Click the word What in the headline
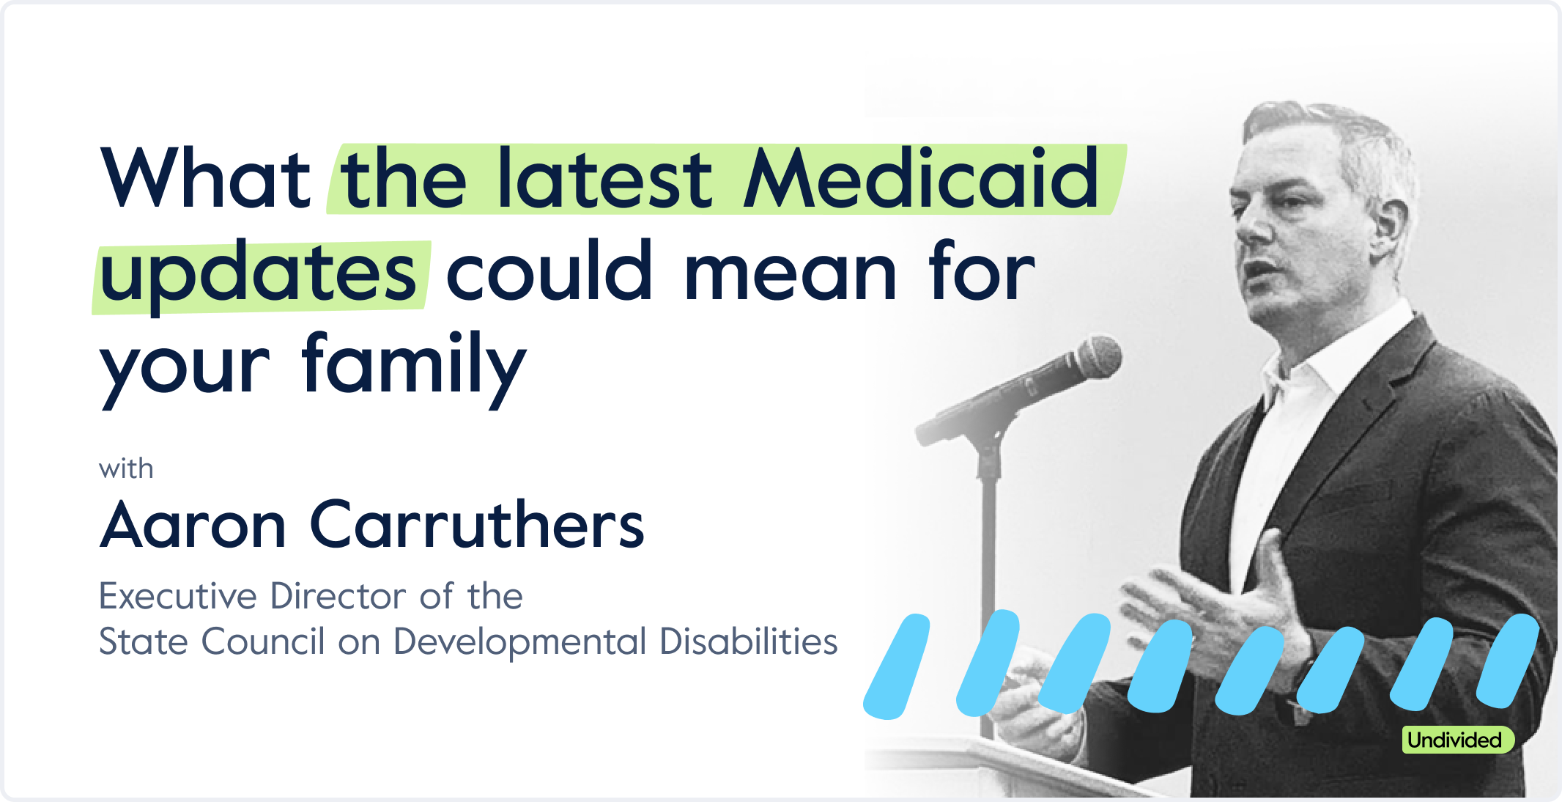coord(206,178)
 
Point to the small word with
coord(126,468)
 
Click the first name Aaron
coord(193,524)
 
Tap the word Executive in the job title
coord(178,596)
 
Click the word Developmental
coord(520,643)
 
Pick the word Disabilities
coord(748,641)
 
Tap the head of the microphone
coord(1094,358)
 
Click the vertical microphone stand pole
coord(988,586)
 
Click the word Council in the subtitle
coord(262,641)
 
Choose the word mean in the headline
coord(791,273)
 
